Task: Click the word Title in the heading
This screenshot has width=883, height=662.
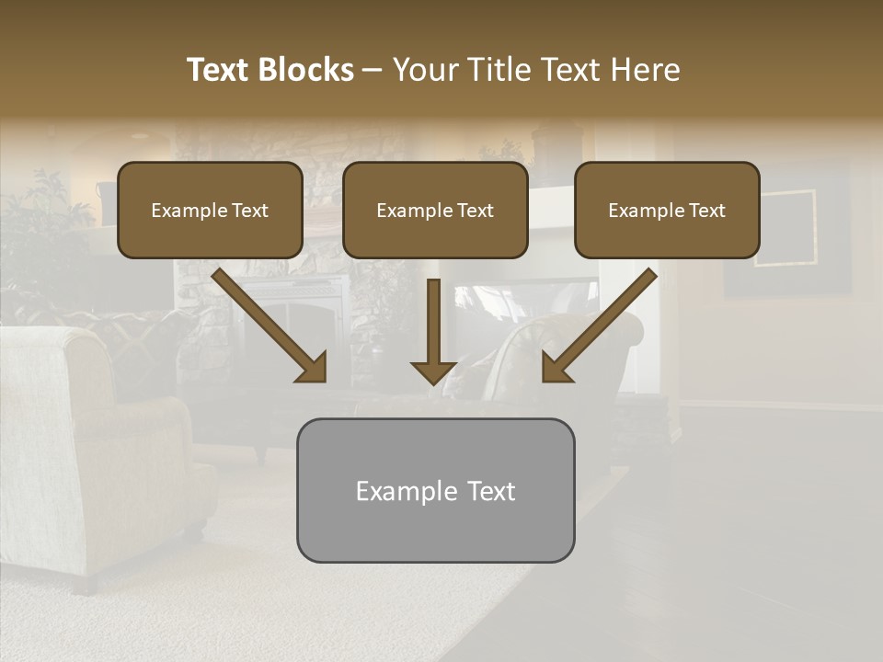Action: [x=492, y=70]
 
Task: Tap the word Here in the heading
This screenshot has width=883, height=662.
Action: [x=644, y=70]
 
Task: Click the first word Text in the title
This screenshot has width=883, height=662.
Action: [x=219, y=70]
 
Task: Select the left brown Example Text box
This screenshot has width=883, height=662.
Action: [x=210, y=210]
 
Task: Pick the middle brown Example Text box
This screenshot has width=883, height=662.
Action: [x=435, y=210]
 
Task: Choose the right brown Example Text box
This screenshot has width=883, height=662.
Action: [x=667, y=210]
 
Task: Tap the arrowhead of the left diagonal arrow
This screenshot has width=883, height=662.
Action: [x=314, y=368]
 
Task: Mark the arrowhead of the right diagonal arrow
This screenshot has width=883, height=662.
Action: [x=555, y=368]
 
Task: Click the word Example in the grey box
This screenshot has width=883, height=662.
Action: [x=407, y=491]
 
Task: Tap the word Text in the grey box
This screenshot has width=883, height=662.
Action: [x=491, y=491]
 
